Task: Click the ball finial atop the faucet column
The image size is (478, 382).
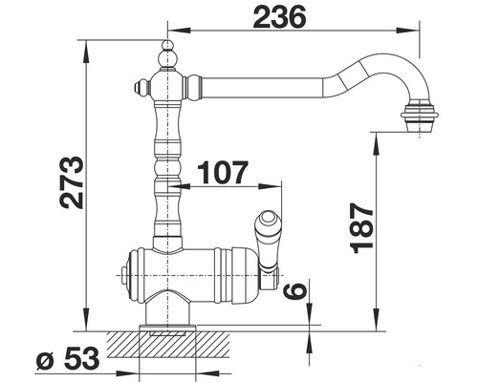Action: coord(167,51)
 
